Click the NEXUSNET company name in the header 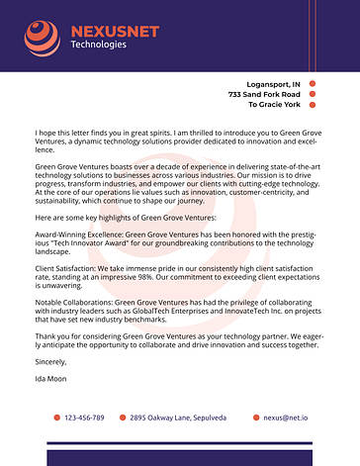point(115,32)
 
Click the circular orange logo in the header point(43,38)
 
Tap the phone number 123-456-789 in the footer point(84,418)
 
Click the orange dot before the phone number point(56,418)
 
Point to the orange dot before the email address point(256,418)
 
